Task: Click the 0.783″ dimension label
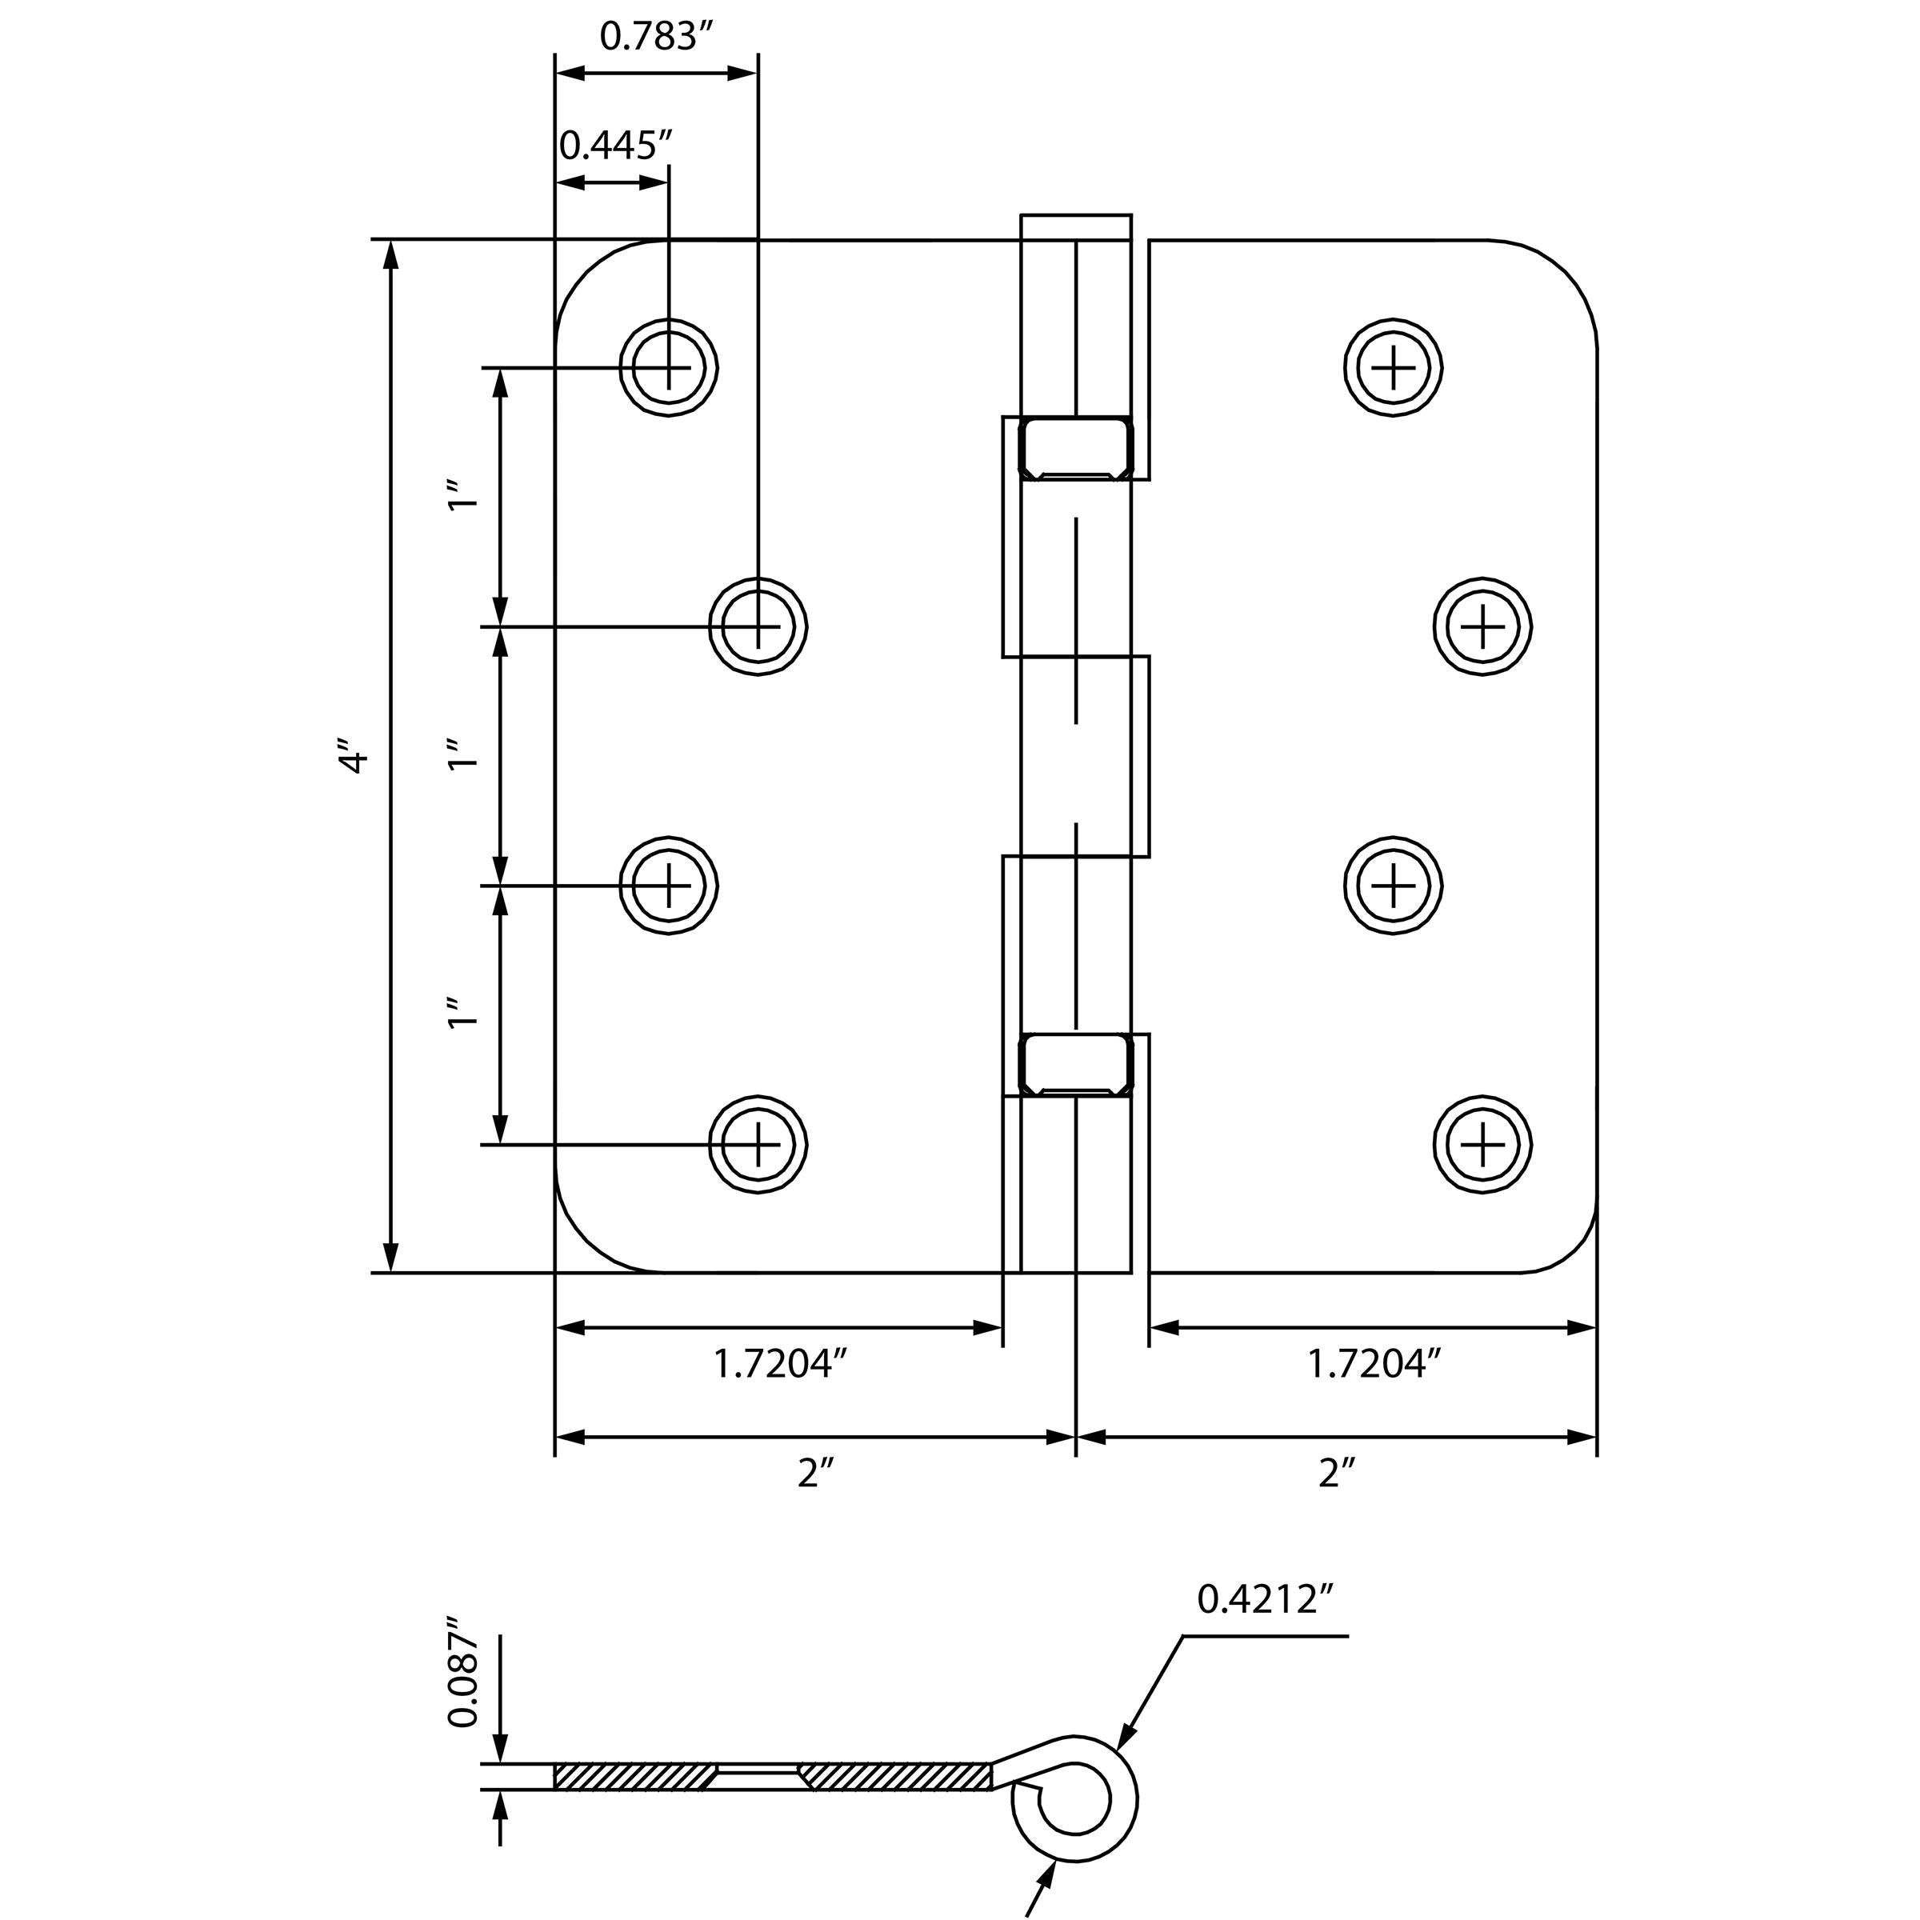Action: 657,37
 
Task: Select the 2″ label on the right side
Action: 1336,1473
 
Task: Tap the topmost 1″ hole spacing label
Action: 463,496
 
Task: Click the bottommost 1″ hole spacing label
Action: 463,1013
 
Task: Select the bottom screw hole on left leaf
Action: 758,1144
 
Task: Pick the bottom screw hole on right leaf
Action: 1482,1144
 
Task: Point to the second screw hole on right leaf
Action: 1482,626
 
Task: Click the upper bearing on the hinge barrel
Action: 1076,448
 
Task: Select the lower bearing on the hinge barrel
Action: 1076,1064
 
